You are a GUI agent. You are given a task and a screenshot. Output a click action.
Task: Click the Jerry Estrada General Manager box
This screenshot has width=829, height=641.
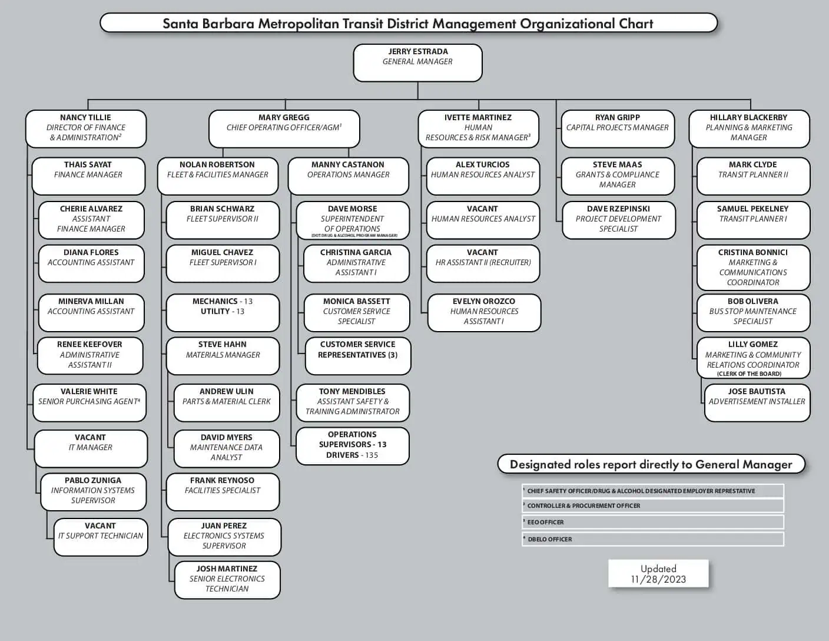coord(417,62)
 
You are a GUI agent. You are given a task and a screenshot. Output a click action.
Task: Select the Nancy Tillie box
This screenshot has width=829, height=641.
coord(86,128)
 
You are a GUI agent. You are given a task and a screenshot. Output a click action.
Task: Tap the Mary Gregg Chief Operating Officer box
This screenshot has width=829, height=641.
coord(284,128)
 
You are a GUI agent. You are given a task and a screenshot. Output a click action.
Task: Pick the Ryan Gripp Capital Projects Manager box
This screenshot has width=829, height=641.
coord(617,128)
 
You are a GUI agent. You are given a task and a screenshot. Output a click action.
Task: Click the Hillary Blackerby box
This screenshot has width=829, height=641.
coord(749,128)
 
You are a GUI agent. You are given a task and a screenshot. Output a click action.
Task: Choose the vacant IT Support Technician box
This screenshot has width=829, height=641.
coord(101,537)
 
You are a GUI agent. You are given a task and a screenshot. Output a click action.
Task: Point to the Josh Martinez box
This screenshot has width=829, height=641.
coord(227,580)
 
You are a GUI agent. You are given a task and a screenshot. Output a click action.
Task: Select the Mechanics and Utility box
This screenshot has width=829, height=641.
coord(223,313)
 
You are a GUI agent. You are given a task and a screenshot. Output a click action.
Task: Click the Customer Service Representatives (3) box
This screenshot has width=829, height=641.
coord(357,355)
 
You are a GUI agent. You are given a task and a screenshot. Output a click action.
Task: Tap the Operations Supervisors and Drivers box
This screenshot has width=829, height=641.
coord(352,445)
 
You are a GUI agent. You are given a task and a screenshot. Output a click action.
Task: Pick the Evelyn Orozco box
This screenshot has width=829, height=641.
coord(484,312)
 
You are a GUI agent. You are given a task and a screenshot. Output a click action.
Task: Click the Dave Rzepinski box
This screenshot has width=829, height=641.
coord(618,220)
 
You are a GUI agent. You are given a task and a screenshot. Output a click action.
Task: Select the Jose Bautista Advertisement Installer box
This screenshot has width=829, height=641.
coord(757,402)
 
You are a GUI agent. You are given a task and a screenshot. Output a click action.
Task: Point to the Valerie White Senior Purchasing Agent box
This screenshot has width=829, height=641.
coord(89,402)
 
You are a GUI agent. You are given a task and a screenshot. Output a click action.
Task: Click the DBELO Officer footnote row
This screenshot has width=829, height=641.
coord(652,539)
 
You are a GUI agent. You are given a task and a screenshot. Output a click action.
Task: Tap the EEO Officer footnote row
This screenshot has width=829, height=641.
coord(652,522)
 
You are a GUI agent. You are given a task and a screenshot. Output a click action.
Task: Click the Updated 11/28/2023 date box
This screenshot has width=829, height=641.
coord(658,574)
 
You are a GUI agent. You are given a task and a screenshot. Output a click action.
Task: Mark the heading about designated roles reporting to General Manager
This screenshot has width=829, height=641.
coord(651,464)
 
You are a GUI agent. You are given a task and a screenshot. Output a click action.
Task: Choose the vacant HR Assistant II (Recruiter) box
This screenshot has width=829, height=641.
coord(483,263)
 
